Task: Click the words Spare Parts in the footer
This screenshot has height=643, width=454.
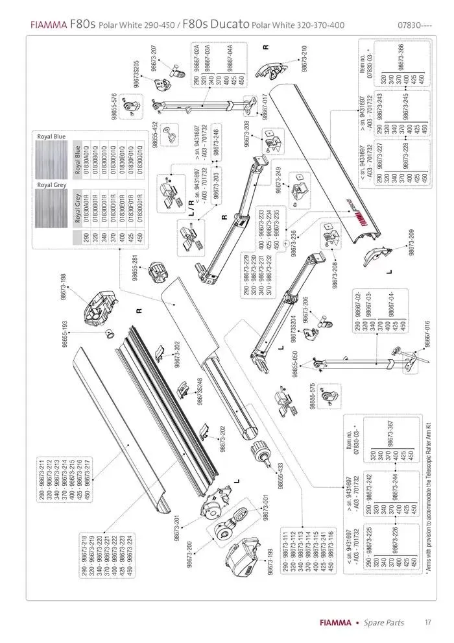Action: click(383, 623)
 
